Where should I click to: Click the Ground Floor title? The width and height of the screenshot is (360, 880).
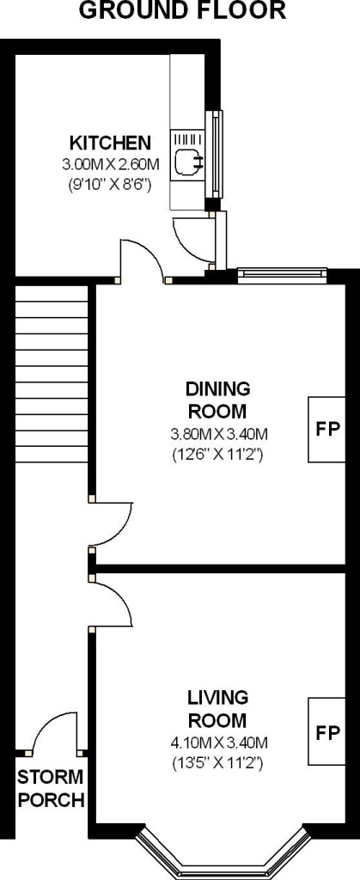tap(182, 11)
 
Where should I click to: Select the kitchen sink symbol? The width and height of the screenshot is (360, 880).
tap(186, 158)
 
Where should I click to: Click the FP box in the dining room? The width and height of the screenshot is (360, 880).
tap(327, 429)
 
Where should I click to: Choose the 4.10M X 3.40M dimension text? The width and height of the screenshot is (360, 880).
tap(220, 742)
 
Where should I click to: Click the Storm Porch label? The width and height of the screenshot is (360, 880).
tap(52, 789)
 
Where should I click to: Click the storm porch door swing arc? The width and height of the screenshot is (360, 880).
tap(52, 730)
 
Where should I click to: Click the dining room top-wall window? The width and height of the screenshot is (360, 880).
tap(282, 274)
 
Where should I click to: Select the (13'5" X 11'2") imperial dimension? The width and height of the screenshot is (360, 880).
tap(220, 761)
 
